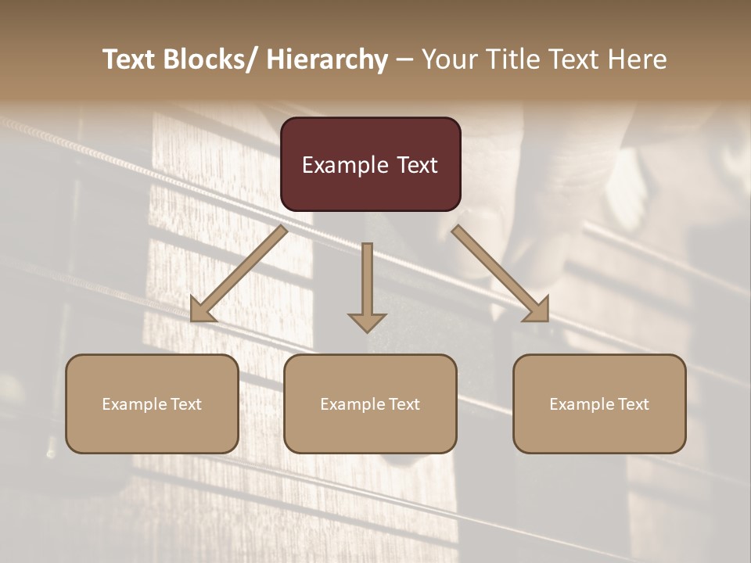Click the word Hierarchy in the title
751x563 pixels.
tap(328, 59)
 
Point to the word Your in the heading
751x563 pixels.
tap(449, 59)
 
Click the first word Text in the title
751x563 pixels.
tap(130, 59)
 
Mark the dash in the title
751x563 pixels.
tap(404, 59)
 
